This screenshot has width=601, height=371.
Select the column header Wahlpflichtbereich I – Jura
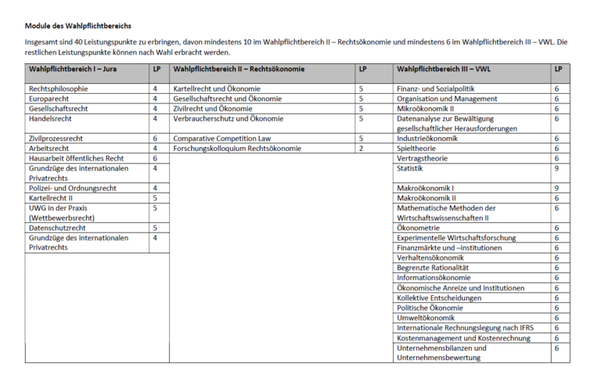tap(73, 69)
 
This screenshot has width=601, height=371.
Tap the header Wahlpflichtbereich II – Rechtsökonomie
tap(233, 69)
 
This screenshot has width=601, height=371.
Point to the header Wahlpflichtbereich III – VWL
tap(444, 69)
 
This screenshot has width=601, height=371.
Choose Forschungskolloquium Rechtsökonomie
tap(238, 149)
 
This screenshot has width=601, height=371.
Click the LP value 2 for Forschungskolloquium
tap(362, 149)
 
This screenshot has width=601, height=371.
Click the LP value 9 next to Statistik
tap(556, 168)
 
